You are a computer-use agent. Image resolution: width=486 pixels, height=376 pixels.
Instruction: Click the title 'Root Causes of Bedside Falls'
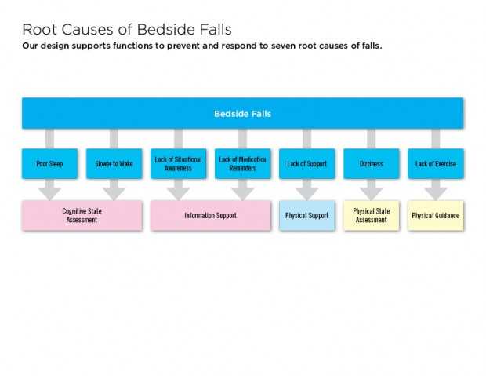[127, 30]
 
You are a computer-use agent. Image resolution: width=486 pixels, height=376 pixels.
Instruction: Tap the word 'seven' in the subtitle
[283, 46]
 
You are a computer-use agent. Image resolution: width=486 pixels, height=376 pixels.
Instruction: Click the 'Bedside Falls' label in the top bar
[243, 114]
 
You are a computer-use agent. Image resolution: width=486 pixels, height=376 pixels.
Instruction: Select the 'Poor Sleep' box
[49, 163]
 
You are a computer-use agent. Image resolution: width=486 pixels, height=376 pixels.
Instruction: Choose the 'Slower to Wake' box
[114, 163]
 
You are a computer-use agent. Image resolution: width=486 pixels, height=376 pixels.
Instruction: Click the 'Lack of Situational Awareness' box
[178, 163]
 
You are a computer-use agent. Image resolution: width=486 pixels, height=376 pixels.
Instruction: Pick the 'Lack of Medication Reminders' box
[243, 163]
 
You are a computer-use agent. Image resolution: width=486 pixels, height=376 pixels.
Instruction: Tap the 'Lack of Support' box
[306, 163]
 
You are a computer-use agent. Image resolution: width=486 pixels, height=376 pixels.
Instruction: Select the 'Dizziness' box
[372, 163]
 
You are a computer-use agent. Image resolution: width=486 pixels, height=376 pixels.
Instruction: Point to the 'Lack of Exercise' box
[436, 163]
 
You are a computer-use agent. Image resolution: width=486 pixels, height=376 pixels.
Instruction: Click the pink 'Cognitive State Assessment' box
[82, 216]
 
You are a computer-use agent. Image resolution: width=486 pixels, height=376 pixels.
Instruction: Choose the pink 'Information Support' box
[210, 216]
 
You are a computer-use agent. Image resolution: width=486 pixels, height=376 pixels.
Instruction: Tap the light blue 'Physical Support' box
[306, 216]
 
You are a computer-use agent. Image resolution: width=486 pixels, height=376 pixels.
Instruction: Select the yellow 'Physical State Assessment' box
[372, 216]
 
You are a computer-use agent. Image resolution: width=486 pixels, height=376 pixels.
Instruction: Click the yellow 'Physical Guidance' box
[436, 216]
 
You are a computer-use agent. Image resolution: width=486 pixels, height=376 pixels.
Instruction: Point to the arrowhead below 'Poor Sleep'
[49, 193]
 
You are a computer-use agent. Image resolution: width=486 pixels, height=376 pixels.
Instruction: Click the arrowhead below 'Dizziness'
[372, 193]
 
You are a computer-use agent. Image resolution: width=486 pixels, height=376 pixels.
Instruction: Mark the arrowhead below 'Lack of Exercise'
[436, 193]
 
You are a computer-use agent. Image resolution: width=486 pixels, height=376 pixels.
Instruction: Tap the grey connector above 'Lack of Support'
[306, 139]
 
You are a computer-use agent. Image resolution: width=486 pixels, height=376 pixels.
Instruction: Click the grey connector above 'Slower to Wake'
[114, 139]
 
